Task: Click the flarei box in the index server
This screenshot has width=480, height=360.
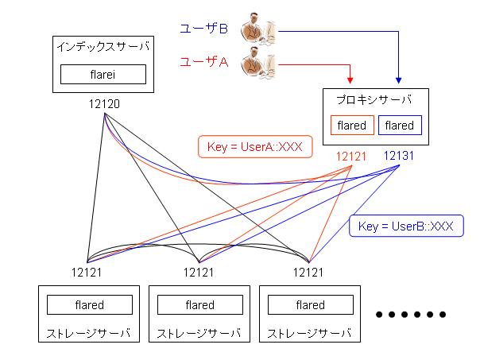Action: [103, 74]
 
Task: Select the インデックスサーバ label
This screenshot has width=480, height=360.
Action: [103, 46]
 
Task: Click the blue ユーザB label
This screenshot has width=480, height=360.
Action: [204, 30]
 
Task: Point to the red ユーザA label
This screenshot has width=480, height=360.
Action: [204, 62]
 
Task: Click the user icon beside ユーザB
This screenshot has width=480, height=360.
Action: [260, 29]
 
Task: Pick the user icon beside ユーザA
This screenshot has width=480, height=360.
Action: [260, 61]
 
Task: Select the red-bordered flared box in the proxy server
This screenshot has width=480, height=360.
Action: [352, 126]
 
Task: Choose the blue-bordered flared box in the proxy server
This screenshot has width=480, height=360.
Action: [400, 126]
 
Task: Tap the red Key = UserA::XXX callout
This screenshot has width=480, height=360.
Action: [254, 146]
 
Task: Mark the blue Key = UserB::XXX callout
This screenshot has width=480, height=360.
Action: [405, 226]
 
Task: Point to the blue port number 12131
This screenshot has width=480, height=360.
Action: [398, 156]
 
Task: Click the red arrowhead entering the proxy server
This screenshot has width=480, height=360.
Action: [350, 81]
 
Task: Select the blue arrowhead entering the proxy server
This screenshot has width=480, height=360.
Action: [399, 81]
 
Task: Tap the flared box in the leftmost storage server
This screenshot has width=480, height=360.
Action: [89, 305]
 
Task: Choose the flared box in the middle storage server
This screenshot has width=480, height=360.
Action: [199, 305]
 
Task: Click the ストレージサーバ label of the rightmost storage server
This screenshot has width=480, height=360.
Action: [310, 331]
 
